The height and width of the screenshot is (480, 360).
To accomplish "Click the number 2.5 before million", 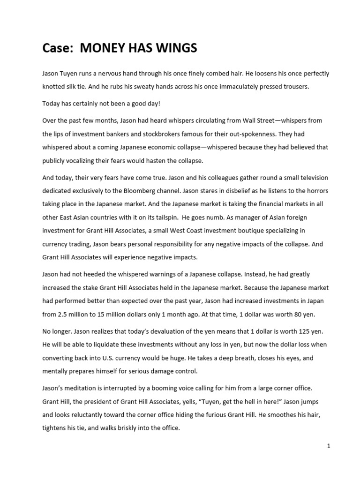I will pos(63,314).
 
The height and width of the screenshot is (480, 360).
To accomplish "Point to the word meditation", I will pos(84,388).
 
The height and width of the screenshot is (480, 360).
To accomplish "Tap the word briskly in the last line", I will pos(130,428).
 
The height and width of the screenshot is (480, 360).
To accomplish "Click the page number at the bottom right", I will pos(329,446).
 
